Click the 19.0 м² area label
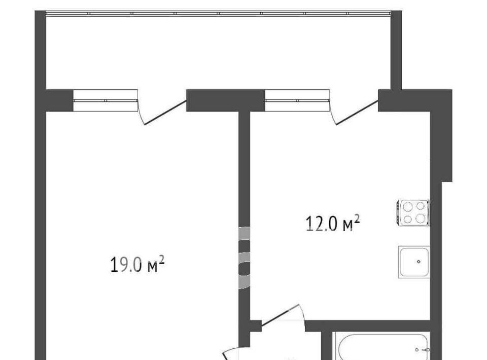(137, 264)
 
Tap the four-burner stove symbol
(413, 212)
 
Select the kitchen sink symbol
(414, 262)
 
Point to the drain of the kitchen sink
(419, 262)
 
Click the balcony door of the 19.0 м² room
(161, 109)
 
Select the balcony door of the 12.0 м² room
(354, 109)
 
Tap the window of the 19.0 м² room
(106, 100)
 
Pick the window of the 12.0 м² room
(297, 100)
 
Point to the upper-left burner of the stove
(408, 206)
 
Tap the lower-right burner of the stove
(420, 219)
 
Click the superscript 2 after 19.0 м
(161, 260)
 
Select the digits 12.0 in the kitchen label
(322, 224)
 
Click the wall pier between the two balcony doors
(225, 100)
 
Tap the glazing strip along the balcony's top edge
(218, 13)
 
